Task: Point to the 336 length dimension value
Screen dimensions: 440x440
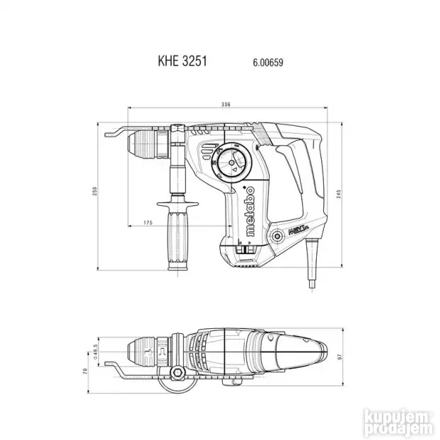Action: tap(226, 105)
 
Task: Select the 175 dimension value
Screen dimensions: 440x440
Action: tap(147, 223)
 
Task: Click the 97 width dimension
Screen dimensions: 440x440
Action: tap(339, 358)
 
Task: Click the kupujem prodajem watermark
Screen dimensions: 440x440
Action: tap(404, 417)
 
